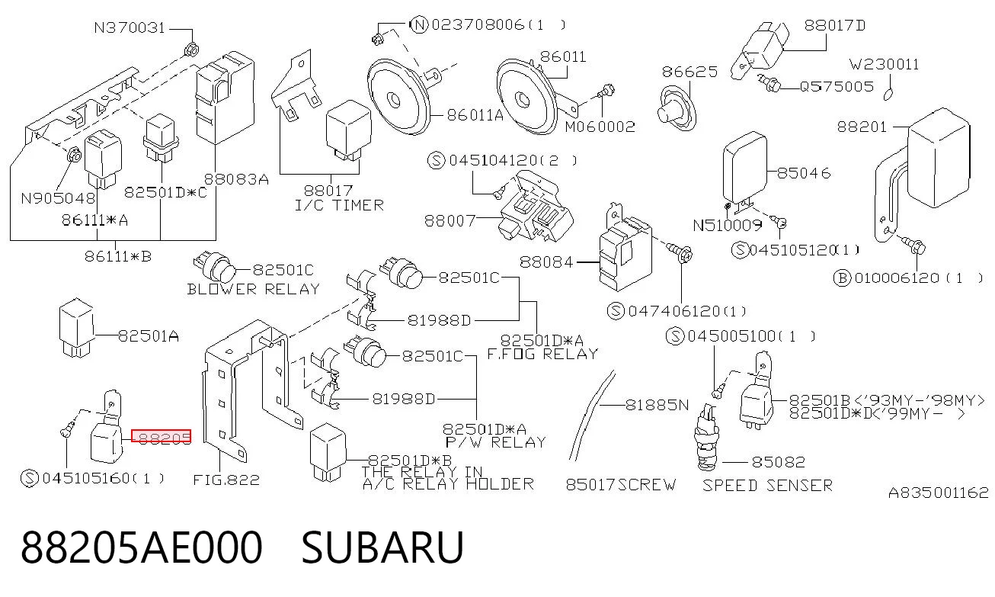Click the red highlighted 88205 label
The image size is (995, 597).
click(x=162, y=436)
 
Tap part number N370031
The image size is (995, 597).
click(x=130, y=28)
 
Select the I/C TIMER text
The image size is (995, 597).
click(x=339, y=205)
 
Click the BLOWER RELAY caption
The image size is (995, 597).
click(x=253, y=290)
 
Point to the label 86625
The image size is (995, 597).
click(x=689, y=72)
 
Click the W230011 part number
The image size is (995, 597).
click(x=884, y=65)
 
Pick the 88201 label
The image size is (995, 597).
click(x=862, y=127)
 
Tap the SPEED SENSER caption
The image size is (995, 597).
click(x=767, y=486)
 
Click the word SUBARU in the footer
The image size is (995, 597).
click(x=382, y=547)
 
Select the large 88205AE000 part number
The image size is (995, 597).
click(x=141, y=547)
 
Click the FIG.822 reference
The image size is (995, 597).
click(x=226, y=480)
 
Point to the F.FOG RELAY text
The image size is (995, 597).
click(x=542, y=355)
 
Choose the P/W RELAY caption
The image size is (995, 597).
click(x=496, y=442)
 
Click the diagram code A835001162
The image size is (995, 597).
click(x=938, y=493)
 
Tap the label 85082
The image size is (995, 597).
click(x=778, y=462)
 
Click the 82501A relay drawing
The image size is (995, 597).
click(x=76, y=328)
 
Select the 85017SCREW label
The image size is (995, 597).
click(x=621, y=484)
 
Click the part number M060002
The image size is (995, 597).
click(x=600, y=127)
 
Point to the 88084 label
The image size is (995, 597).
click(x=546, y=262)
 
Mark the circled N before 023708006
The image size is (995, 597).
click(x=419, y=24)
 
